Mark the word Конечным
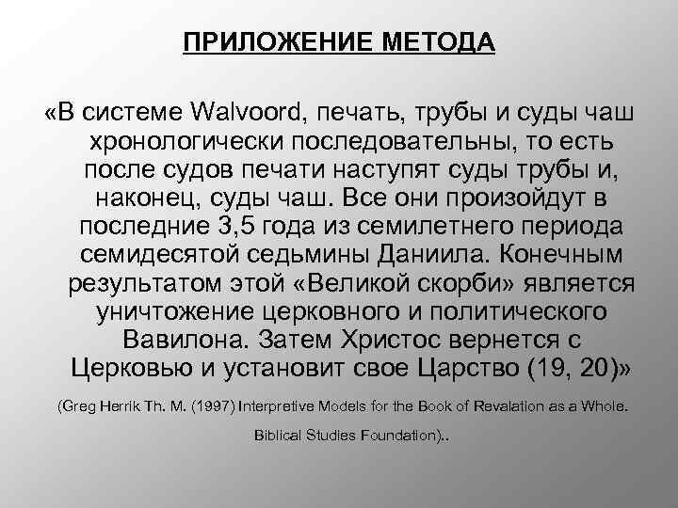coord(572,256)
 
